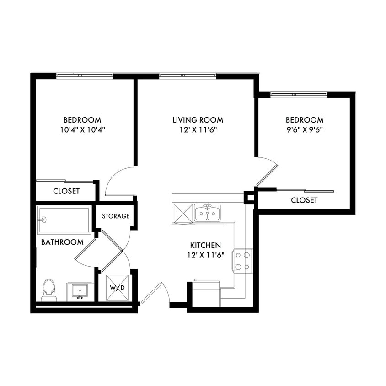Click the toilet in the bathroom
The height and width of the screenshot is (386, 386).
click(49, 290)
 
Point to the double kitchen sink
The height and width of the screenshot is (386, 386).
click(207, 213)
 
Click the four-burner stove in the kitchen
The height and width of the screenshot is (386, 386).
click(243, 261)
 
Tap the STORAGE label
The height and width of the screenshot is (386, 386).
click(115, 216)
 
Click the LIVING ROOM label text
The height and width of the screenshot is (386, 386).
click(198, 120)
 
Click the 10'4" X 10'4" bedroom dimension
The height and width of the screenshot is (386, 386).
click(82, 129)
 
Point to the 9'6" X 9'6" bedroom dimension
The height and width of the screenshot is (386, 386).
click(304, 129)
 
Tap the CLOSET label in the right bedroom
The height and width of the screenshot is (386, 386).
click(304, 200)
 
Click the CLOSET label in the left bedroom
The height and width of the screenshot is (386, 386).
click(66, 191)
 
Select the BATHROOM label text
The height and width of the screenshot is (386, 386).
click(62, 242)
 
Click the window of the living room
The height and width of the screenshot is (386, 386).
click(188, 76)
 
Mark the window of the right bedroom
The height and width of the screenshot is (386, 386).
click(299, 95)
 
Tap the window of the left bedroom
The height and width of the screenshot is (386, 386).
click(85, 76)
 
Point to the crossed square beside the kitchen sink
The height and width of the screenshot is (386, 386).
click(182, 213)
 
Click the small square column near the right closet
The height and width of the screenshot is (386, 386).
click(250, 197)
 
